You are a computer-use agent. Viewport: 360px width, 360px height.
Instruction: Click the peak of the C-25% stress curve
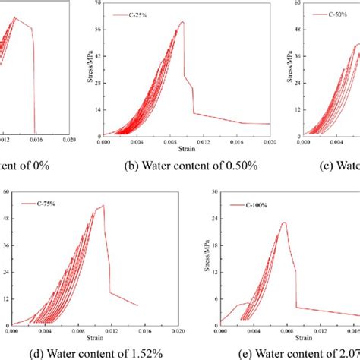coord(182,21)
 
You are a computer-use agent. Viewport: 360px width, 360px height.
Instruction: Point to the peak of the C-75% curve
coord(103,205)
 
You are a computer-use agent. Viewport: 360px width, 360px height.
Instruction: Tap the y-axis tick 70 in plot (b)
coord(96,4)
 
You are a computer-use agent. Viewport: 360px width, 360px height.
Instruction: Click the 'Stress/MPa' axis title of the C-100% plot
coord(204,258)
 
